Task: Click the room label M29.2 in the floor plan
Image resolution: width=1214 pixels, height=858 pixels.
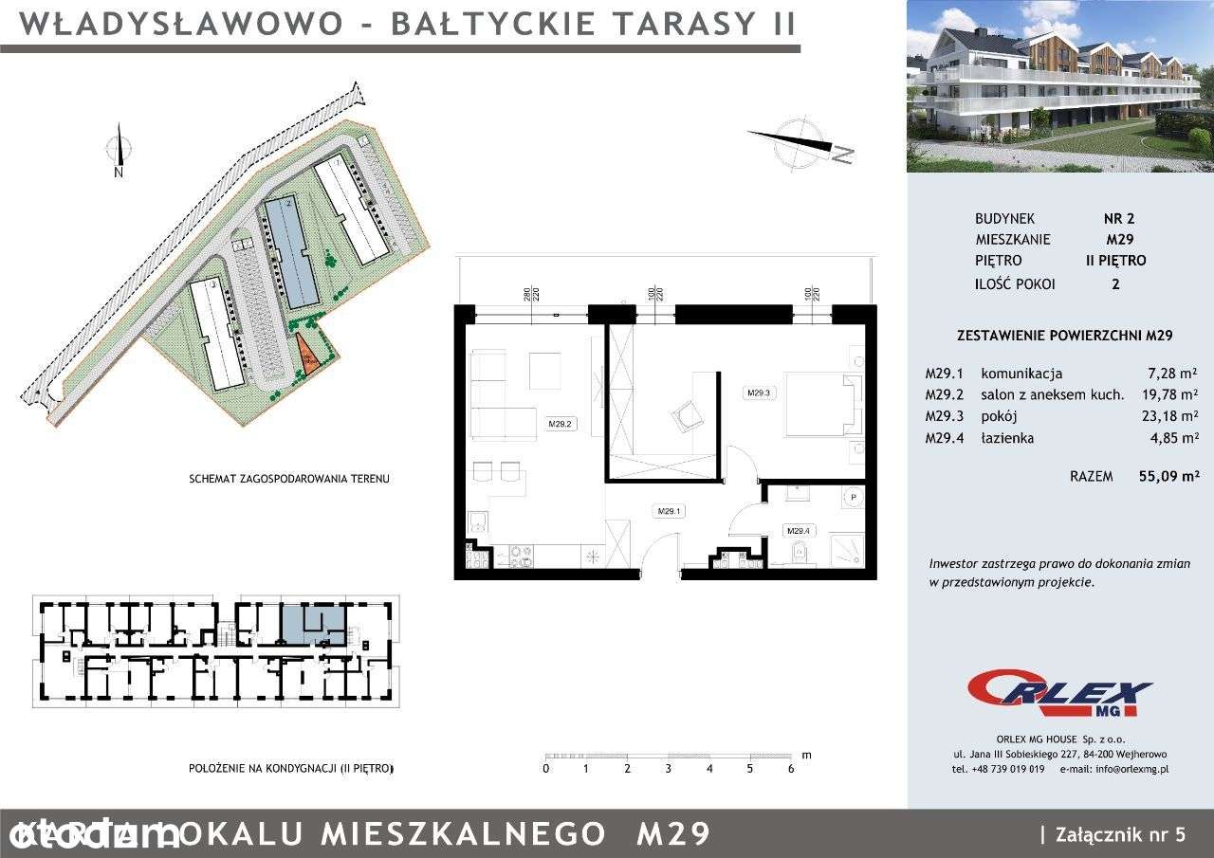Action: (559, 424)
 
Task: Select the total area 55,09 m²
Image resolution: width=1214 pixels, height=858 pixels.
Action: (1168, 476)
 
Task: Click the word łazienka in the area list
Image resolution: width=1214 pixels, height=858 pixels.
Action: (1007, 438)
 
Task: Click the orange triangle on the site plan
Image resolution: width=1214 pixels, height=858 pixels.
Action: (307, 356)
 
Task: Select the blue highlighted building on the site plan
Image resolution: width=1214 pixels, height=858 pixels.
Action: (291, 252)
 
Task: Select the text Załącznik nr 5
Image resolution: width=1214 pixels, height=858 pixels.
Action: (1118, 834)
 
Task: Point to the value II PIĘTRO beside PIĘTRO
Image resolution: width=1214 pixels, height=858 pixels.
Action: (1115, 261)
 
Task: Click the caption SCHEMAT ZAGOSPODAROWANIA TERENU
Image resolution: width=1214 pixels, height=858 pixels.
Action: (289, 480)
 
